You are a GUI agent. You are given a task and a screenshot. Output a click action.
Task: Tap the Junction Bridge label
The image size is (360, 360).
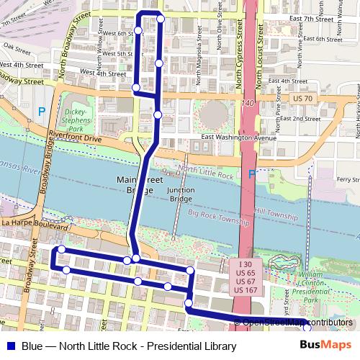click(180, 194)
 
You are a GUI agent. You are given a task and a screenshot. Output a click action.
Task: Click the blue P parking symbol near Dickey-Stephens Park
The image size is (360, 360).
click(42, 112)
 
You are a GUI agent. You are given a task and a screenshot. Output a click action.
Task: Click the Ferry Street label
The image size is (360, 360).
click(347, 179)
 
